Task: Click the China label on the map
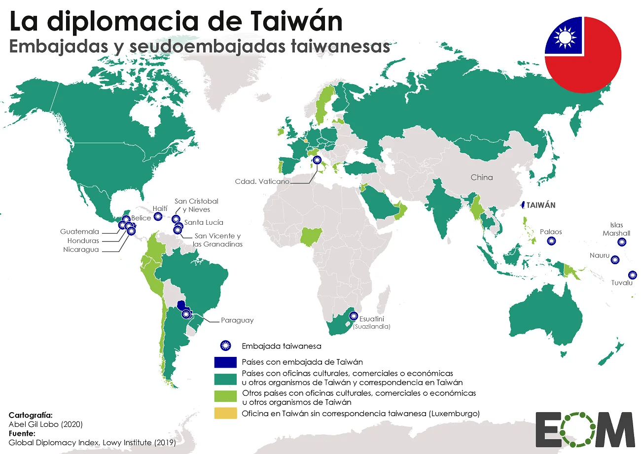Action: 481,177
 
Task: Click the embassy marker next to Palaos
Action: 552,241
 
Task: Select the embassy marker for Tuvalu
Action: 632,275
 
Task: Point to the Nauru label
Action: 599,255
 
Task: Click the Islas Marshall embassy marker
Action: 622,242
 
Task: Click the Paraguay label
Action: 237,320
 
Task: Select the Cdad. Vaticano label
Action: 262,181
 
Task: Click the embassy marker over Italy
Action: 317,160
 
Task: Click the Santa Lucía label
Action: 204,222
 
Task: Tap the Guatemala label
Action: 80,231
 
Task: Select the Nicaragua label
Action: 81,249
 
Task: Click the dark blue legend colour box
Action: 225,362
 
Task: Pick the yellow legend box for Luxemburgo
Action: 225,413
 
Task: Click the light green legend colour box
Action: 225,397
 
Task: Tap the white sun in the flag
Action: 565,36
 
